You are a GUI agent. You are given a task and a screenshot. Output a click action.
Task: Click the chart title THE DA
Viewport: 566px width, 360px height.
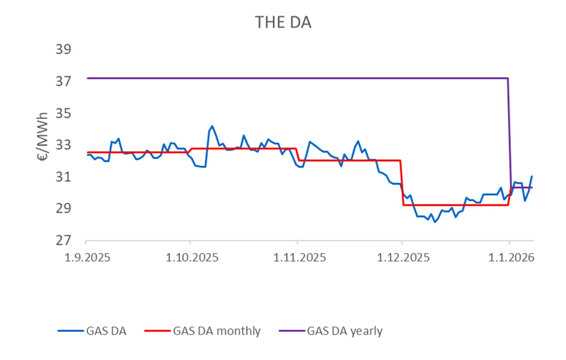[x=283, y=22]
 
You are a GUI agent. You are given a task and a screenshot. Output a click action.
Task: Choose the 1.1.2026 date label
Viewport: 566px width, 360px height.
[x=509, y=258]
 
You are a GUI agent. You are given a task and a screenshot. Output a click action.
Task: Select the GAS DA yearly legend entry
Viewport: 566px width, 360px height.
[x=344, y=331]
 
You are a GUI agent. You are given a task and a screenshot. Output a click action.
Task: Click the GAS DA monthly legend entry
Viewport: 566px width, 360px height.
[x=217, y=331]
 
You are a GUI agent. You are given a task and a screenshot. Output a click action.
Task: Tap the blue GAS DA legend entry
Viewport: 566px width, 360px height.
[x=106, y=331]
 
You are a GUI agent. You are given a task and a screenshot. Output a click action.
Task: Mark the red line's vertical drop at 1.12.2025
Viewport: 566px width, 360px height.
[x=402, y=182]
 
